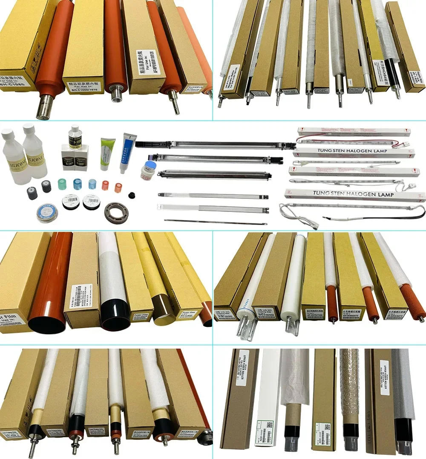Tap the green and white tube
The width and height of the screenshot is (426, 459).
[x=106, y=154]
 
